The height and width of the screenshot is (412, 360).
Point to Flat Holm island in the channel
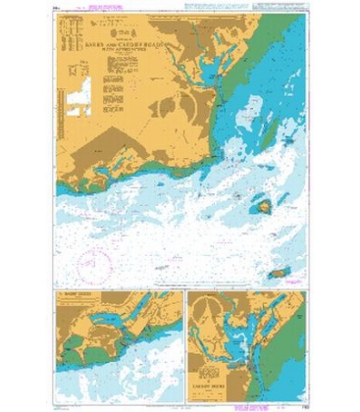(x=264, y=205)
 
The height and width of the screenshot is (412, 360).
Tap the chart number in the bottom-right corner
(x=306, y=397)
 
